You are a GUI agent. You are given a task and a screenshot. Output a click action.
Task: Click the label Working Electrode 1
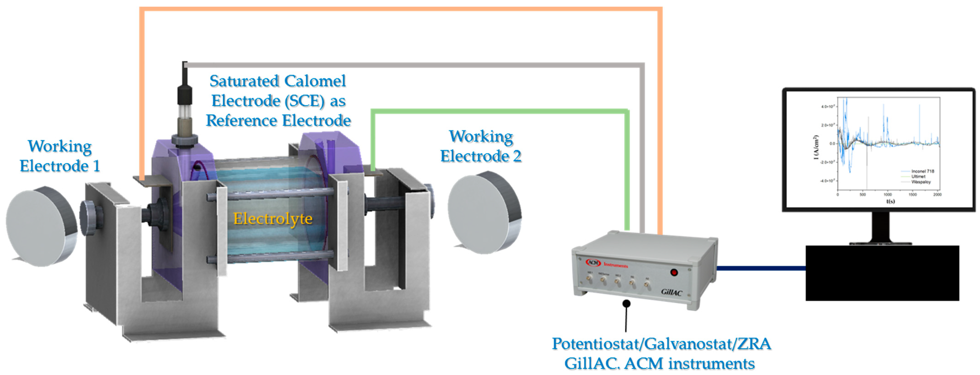60,156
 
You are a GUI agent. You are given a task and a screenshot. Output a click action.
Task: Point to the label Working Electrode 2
481,146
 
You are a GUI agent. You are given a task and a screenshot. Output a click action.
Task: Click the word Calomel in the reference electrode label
315,81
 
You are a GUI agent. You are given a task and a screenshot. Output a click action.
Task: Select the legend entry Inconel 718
922,171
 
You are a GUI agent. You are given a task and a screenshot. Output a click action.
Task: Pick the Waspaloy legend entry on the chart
921,182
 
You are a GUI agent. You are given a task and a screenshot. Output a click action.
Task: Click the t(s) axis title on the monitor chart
890,201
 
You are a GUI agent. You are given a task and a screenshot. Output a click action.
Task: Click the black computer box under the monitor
882,273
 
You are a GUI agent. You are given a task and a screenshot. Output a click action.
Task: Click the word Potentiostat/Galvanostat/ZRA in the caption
661,344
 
